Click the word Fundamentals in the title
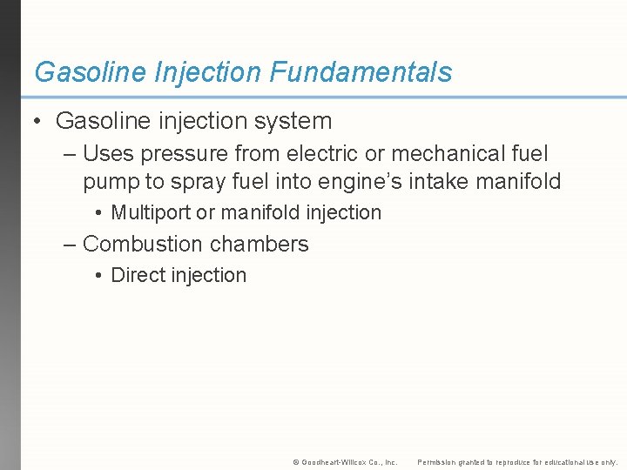[x=361, y=71]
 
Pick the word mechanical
[x=446, y=154]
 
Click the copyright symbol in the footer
[x=296, y=461]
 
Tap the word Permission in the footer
[x=441, y=461]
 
